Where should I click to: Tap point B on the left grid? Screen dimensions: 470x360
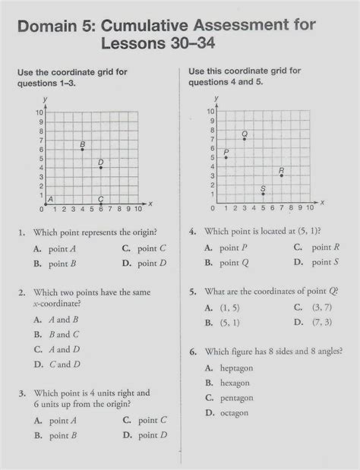point(82,149)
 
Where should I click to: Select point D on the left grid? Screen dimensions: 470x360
point(100,167)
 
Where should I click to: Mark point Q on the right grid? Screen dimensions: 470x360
point(244,139)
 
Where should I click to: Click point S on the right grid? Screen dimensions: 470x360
point(263,194)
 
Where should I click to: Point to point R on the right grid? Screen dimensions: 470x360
point(281,175)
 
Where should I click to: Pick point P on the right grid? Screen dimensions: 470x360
point(226,157)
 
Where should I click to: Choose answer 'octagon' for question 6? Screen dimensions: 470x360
point(233,413)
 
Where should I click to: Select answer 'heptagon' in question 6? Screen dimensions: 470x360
point(235,367)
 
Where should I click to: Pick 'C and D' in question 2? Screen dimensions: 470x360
point(65,364)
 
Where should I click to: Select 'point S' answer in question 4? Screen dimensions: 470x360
point(325,263)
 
